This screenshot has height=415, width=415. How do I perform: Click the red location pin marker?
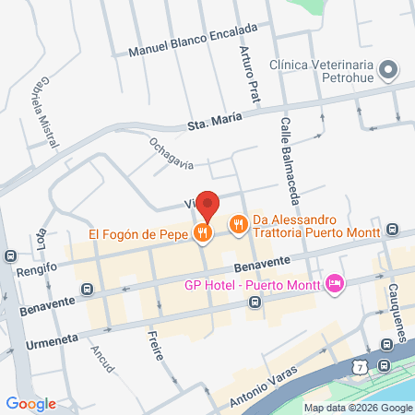tap(208, 206)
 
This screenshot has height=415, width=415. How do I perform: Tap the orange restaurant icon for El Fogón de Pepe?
tap(202, 233)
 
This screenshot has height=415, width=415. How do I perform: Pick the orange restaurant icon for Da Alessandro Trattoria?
tap(238, 223)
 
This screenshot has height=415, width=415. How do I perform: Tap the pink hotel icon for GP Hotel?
tap(334, 283)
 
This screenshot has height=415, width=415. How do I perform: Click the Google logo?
tap(31, 402)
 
